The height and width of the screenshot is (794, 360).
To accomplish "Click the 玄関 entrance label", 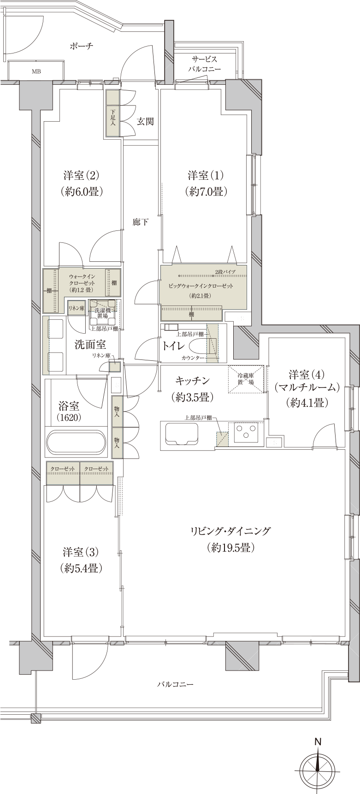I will pos(145,122).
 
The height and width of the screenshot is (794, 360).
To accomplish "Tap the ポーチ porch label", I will pos(82,46).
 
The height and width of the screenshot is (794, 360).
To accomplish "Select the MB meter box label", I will pos(35,71).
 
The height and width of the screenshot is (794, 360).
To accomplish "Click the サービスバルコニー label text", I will pos(205,64).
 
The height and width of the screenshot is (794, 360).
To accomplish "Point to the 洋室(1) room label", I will pos(205,176).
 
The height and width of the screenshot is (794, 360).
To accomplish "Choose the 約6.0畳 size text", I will pos(81,192).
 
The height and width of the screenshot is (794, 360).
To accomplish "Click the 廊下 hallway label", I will pos(140,222).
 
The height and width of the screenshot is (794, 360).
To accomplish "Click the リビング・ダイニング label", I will pos(230,531).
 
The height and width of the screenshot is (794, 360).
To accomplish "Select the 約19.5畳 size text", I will pos(230,547).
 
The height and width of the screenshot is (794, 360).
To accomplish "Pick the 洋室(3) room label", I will pos(81,552).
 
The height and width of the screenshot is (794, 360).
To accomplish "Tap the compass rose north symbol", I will pos(318,767).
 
